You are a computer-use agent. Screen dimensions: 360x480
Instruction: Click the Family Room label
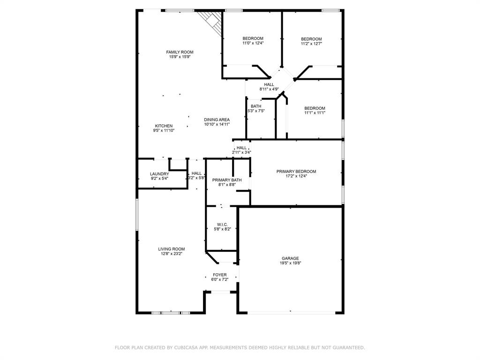tap(180, 52)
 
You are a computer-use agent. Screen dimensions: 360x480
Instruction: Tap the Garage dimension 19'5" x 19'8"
tap(290, 263)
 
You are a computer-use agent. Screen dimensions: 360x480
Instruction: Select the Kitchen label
tap(164, 126)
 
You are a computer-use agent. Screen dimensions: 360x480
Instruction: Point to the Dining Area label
tap(217, 120)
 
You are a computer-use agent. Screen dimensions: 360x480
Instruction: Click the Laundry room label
tap(159, 174)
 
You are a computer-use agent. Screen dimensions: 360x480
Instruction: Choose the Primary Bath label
tap(227, 180)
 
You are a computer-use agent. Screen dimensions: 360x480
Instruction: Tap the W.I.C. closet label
tap(222, 225)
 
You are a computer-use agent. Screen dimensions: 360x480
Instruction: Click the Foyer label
tap(220, 275)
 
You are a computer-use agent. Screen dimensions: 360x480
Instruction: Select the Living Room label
tap(171, 249)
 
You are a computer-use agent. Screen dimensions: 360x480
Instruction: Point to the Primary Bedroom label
tap(296, 172)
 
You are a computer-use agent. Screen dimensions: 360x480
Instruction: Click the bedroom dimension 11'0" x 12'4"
tap(253, 43)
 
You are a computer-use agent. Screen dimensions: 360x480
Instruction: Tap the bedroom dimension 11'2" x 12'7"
tap(311, 44)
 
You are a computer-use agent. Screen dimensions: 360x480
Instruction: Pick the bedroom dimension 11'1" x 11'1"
tap(315, 113)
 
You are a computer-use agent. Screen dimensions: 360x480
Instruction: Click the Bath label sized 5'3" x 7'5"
tap(256, 106)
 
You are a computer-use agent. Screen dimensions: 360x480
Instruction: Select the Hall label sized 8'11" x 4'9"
tap(269, 85)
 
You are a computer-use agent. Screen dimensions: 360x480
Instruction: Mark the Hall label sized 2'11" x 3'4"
tap(241, 148)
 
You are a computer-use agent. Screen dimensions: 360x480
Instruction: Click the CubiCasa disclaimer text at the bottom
tap(240, 348)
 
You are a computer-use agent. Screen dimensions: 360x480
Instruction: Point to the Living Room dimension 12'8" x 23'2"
tap(171, 254)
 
